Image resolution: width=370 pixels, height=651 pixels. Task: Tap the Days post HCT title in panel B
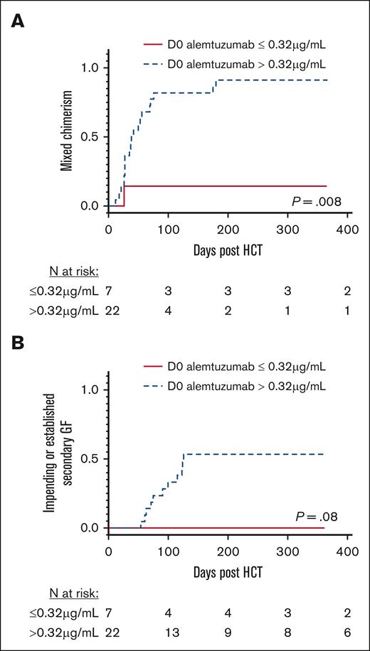click(228, 571)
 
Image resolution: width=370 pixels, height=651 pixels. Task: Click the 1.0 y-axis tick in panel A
click(93, 68)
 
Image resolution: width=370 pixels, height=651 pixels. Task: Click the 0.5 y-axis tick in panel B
click(93, 459)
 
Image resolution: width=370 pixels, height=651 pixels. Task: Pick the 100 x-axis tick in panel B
click(168, 552)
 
